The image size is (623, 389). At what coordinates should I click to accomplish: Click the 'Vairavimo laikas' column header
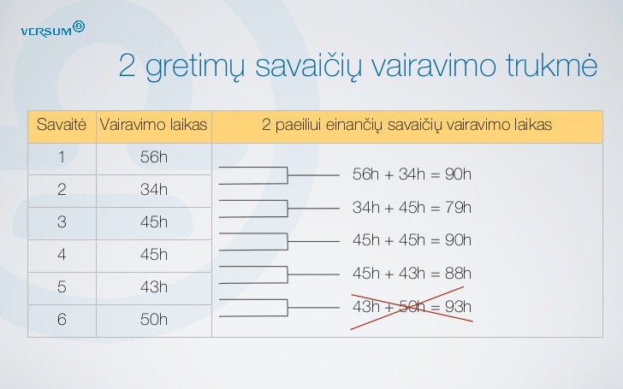[x=154, y=127]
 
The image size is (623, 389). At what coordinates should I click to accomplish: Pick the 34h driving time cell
[x=153, y=190]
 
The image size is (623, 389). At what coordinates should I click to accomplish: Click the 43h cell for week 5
[x=153, y=287]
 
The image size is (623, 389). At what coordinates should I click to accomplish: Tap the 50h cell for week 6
[x=153, y=320]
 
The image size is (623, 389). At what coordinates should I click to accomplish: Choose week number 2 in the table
[x=61, y=190]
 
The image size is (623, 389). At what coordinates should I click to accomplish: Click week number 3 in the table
[x=61, y=222]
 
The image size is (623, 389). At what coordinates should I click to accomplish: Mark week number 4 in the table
[x=61, y=255]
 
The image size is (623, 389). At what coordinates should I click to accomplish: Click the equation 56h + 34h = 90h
[x=411, y=174]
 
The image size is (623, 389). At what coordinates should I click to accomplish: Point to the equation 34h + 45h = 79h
[x=411, y=208]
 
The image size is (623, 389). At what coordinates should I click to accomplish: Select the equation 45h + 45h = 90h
[x=411, y=240]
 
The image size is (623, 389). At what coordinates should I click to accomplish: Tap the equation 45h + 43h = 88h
[x=411, y=274]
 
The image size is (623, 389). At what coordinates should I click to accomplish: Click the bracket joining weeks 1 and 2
[x=287, y=175]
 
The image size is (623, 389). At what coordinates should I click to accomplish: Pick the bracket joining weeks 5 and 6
[x=287, y=306]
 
